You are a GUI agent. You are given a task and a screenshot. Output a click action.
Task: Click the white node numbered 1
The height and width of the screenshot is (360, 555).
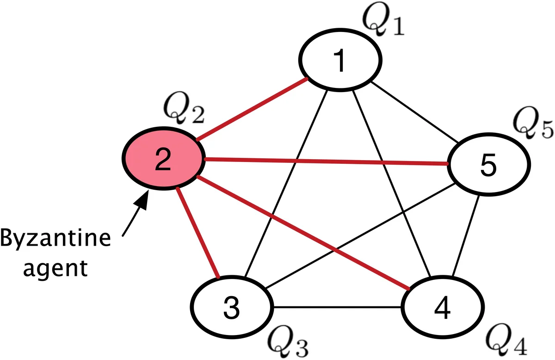coord(340,61)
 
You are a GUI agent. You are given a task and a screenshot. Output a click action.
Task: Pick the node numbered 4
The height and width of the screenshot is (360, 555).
coord(442,308)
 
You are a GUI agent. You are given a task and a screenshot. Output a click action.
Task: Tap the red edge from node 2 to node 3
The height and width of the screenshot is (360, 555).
coord(198,231)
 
